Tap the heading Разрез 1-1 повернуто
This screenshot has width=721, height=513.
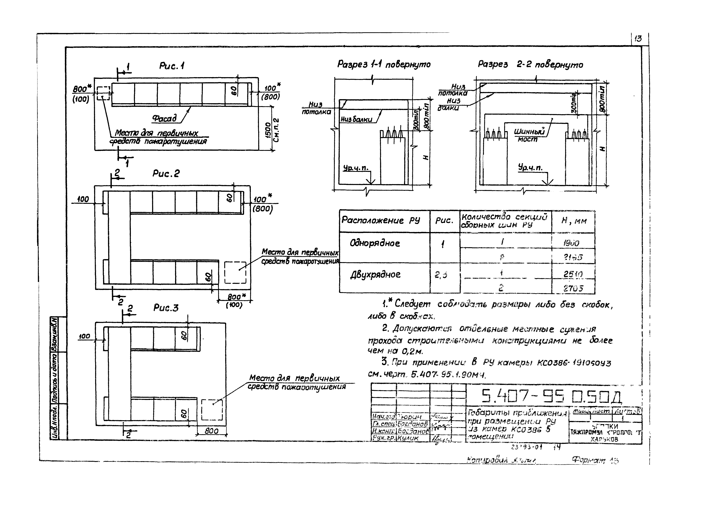point(384,64)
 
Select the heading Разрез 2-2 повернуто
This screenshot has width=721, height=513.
point(530,64)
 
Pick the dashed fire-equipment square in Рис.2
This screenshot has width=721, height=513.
point(235,272)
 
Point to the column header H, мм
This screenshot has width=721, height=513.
point(574,221)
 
